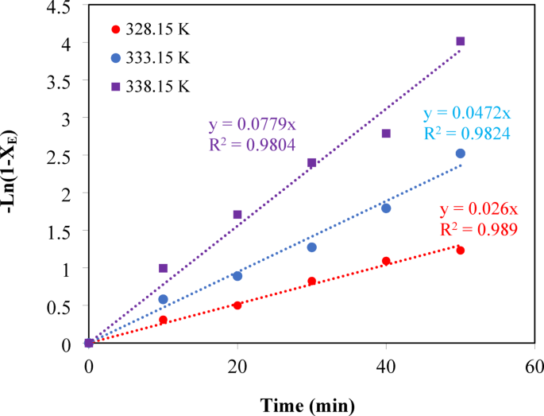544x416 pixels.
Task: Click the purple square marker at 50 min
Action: [x=460, y=41]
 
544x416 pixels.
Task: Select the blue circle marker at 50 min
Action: [x=460, y=154]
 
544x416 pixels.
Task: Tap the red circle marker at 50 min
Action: [x=460, y=251]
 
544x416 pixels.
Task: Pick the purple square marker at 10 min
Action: [x=163, y=268]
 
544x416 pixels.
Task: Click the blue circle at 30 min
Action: [x=312, y=247]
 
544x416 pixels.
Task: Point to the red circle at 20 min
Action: [x=237, y=305]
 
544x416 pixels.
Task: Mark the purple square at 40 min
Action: [x=386, y=134]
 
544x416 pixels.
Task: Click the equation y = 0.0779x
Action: [x=252, y=126]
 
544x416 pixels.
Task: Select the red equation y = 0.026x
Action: [x=478, y=210]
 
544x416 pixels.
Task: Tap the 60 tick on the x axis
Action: [x=534, y=367]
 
